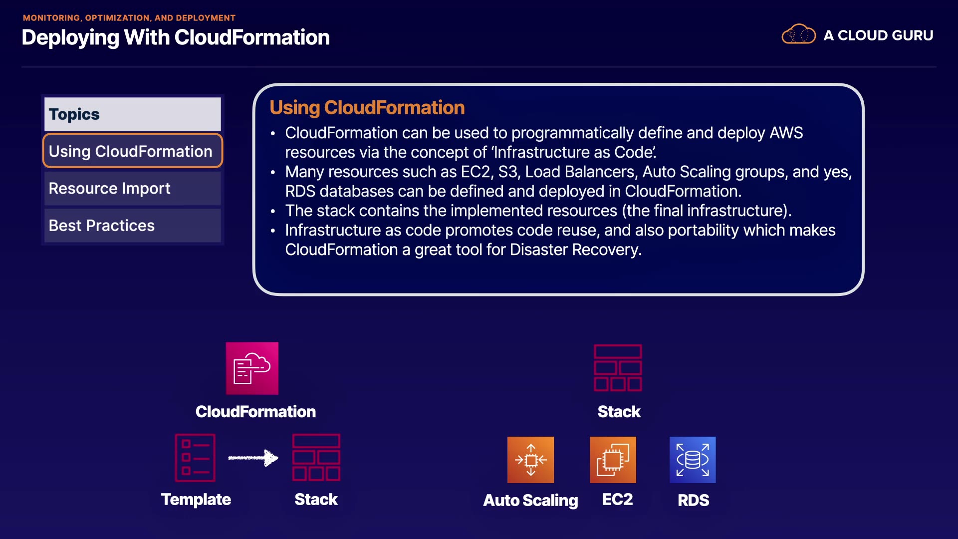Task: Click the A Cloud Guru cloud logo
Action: click(798, 34)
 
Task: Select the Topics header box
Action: click(132, 114)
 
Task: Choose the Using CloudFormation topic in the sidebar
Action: click(132, 151)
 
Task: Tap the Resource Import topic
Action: click(132, 188)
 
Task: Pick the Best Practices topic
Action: click(132, 226)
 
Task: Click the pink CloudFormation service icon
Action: click(252, 368)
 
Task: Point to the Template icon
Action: click(195, 458)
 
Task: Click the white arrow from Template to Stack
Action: click(253, 458)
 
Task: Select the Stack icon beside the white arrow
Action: click(316, 458)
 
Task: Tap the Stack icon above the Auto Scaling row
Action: click(618, 368)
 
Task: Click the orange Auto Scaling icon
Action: click(530, 460)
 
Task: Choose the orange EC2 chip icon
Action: click(613, 460)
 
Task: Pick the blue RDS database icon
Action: click(693, 460)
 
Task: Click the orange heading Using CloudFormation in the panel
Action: click(367, 108)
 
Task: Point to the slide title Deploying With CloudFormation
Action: click(176, 38)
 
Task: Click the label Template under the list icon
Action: click(196, 500)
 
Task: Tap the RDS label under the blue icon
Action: click(693, 500)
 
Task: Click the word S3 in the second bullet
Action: click(508, 172)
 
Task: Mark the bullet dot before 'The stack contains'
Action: click(273, 212)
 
